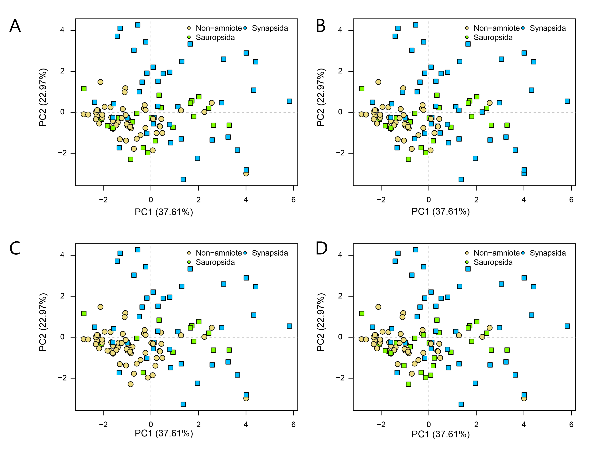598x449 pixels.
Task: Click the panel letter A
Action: (x=15, y=26)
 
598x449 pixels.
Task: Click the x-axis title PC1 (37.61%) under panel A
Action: (x=164, y=212)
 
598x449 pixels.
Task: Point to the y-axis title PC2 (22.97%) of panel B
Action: (x=321, y=97)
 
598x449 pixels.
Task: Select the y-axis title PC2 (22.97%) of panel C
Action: (x=43, y=322)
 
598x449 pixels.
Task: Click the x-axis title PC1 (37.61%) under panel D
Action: (x=441, y=434)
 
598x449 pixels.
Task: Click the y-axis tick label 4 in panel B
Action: (x=340, y=30)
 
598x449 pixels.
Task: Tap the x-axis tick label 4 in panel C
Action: (x=246, y=424)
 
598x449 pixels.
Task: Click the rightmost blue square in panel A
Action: (x=289, y=101)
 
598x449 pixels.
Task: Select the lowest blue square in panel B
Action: (x=461, y=179)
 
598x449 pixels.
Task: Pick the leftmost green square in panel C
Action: (x=84, y=313)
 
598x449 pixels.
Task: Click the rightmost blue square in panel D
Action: (x=567, y=326)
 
